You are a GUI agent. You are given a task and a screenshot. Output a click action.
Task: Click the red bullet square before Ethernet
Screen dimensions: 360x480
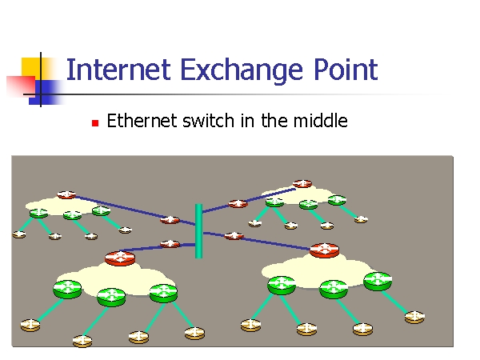(x=94, y=123)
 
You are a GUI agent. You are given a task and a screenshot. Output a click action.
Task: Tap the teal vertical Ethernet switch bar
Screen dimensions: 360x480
(x=198, y=231)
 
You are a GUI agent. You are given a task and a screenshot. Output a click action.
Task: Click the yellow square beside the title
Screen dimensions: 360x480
(x=32, y=67)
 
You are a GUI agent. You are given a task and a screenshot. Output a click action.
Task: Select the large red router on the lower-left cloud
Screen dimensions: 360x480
(x=120, y=258)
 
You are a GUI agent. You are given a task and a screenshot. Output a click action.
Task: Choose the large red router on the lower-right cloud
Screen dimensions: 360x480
(x=324, y=250)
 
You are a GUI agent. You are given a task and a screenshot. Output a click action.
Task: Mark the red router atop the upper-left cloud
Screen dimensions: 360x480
(x=66, y=194)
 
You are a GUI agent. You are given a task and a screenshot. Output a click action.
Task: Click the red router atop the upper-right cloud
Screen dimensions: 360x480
(x=302, y=184)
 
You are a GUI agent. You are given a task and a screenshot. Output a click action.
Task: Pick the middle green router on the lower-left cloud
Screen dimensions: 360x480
(x=112, y=296)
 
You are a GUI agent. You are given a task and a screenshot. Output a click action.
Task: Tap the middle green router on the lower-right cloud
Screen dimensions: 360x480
(x=333, y=289)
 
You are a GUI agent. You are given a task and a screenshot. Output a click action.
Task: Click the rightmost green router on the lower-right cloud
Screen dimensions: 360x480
(x=377, y=281)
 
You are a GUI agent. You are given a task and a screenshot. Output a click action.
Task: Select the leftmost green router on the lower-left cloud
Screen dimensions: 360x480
(x=68, y=288)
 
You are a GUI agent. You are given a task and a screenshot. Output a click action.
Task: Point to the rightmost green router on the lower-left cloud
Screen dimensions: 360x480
(x=162, y=292)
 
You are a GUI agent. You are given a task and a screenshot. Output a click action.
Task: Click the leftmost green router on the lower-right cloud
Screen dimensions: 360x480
(x=282, y=283)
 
